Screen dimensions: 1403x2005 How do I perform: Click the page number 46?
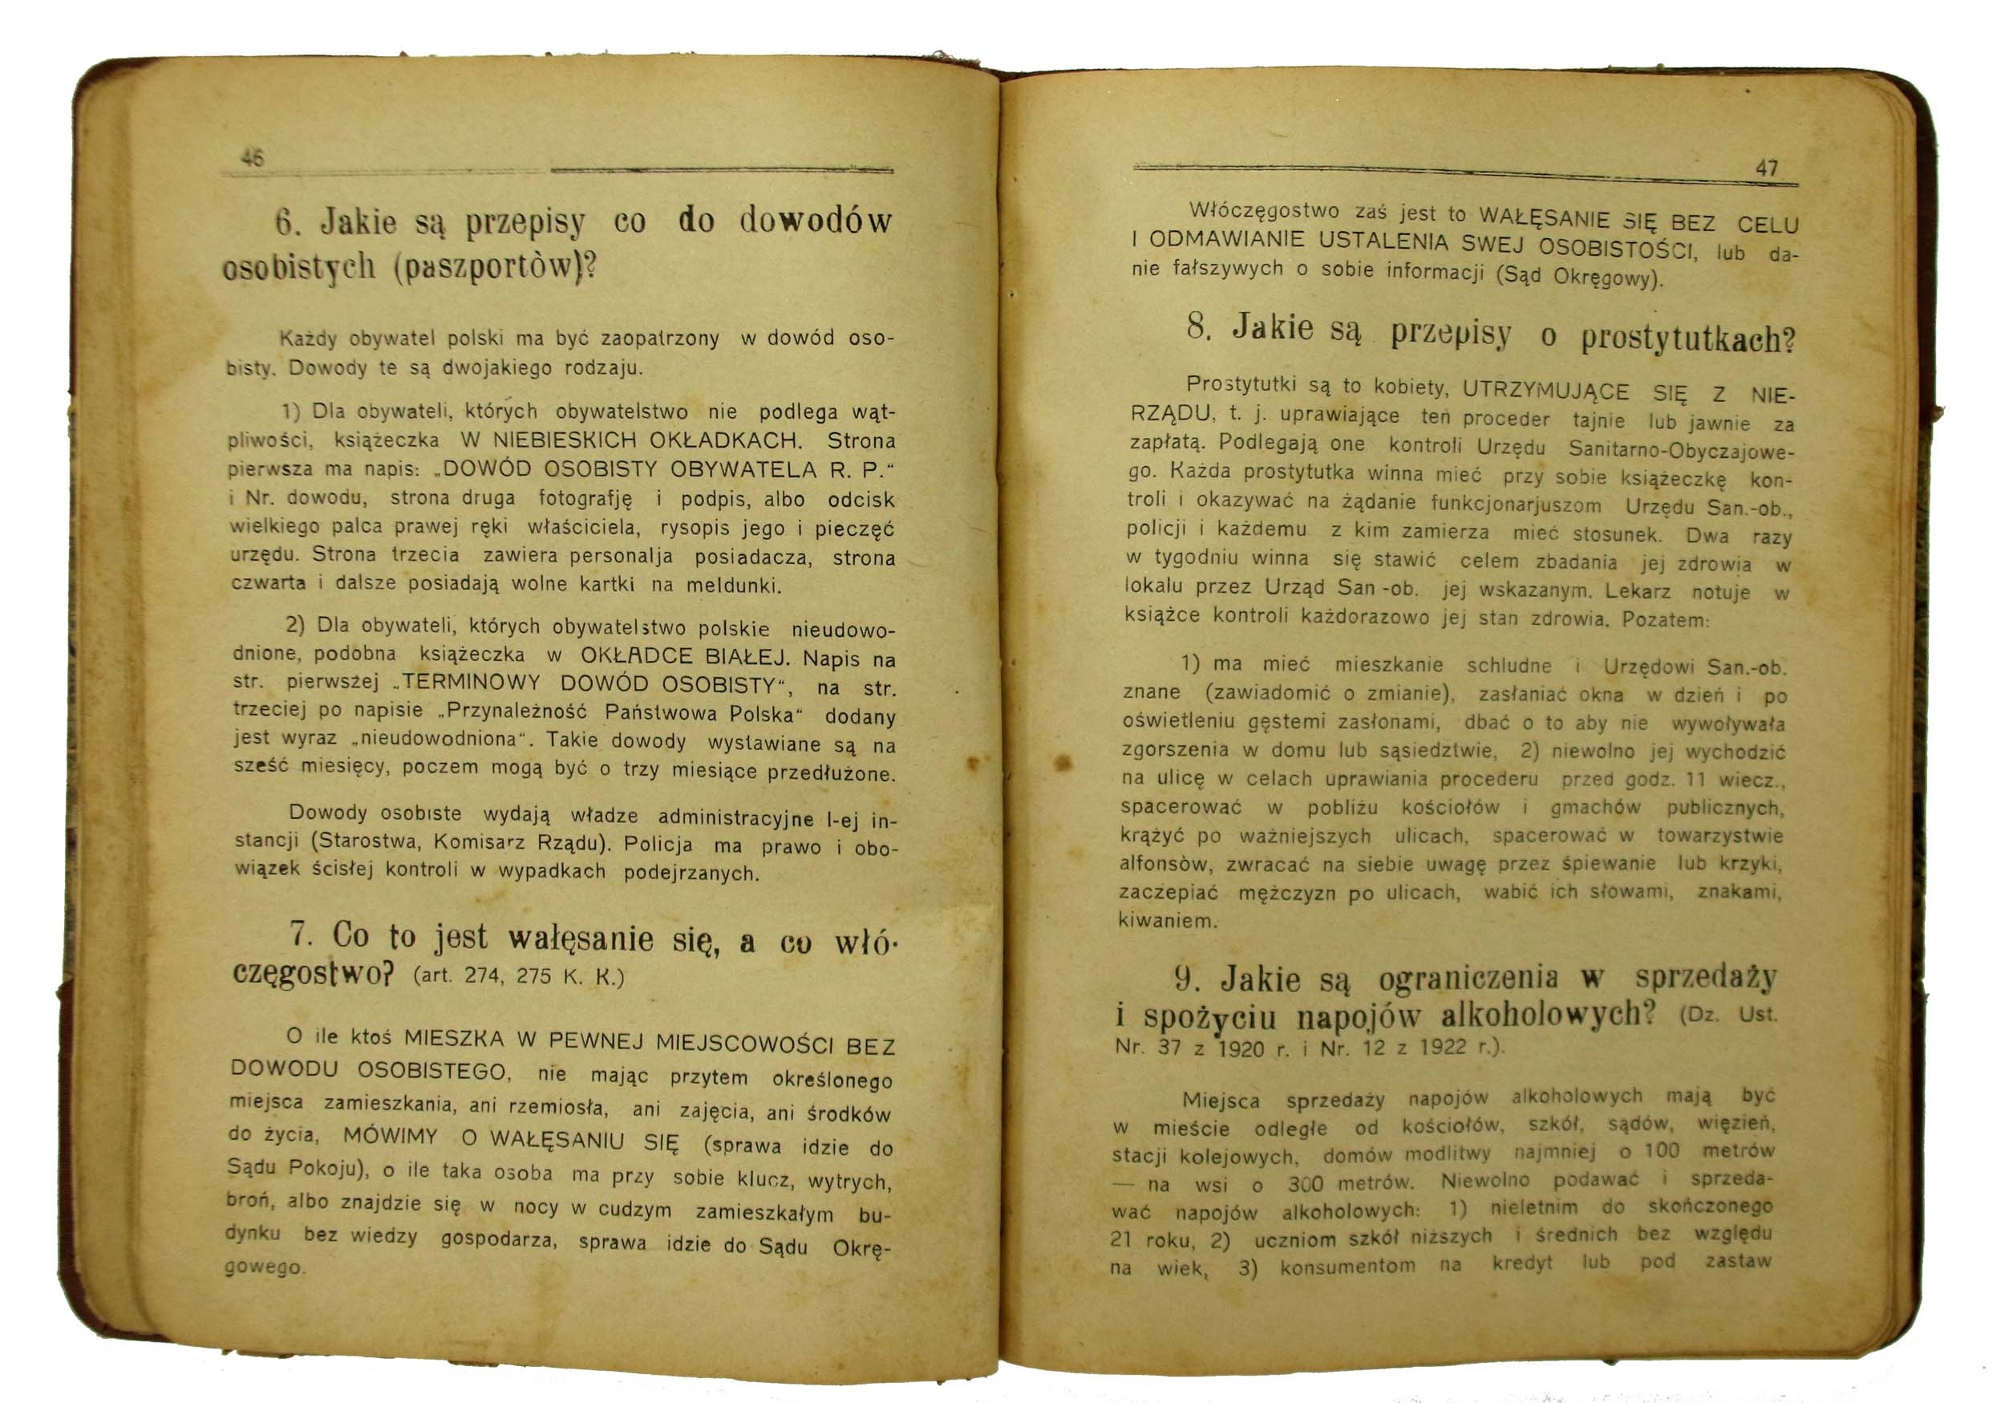253,159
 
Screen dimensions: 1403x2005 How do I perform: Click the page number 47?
1767,168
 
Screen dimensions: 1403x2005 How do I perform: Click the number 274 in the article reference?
481,975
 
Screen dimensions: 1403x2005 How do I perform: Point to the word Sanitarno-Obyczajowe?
1681,450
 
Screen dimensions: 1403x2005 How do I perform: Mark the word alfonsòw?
1167,864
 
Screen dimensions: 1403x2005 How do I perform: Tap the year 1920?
1239,1048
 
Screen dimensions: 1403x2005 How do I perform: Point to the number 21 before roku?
1123,1239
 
